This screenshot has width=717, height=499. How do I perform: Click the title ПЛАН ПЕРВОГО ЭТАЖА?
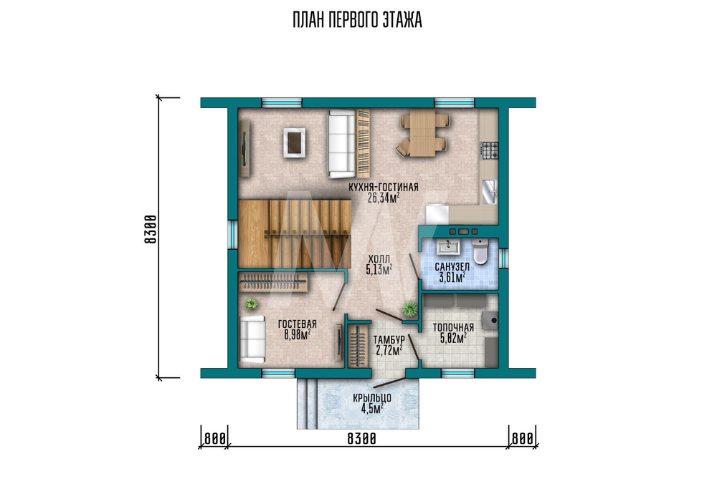[357, 21]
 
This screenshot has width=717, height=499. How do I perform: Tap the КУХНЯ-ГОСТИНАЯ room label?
[383, 188]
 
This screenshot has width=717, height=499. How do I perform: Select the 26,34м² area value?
[383, 197]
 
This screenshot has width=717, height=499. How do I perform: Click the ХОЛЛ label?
[379, 260]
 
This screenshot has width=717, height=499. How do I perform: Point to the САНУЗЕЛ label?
[452, 266]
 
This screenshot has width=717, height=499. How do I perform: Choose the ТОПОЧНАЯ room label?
[453, 327]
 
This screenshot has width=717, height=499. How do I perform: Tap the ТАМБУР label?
[389, 340]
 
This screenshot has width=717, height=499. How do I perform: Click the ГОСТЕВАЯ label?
[298, 324]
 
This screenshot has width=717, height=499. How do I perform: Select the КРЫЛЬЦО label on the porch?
[371, 399]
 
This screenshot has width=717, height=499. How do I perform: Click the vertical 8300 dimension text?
[151, 229]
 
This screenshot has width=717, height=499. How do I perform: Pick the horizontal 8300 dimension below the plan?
[361, 439]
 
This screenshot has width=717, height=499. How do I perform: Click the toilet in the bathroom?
[480, 251]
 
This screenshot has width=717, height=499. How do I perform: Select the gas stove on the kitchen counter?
[489, 150]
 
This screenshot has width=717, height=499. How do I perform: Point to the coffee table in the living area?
[294, 143]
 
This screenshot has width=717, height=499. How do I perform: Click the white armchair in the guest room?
[252, 339]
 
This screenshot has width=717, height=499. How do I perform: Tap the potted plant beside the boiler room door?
[409, 309]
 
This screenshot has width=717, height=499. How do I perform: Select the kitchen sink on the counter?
[489, 191]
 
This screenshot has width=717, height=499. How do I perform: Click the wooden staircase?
[295, 233]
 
